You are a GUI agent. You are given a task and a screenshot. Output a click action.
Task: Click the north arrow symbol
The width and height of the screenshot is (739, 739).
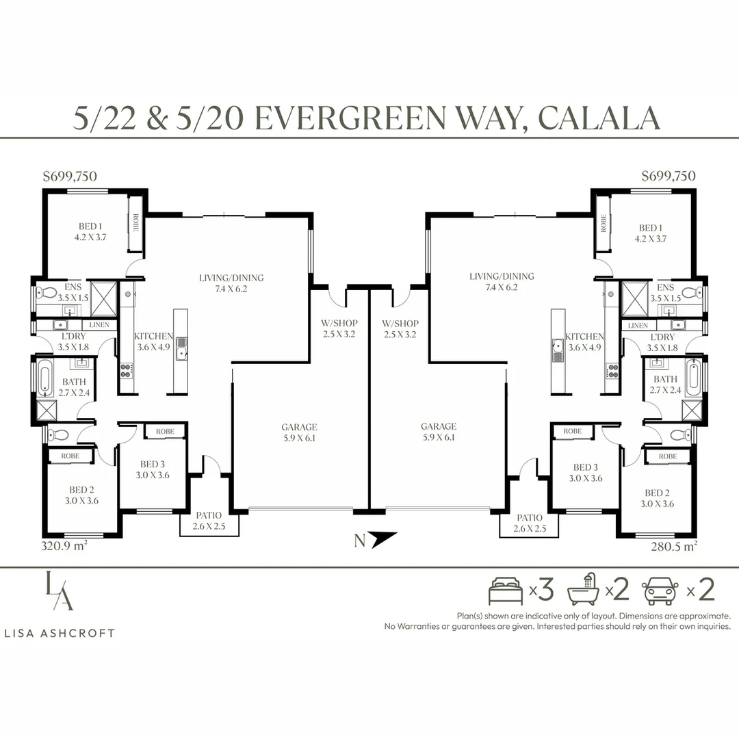point(384,539)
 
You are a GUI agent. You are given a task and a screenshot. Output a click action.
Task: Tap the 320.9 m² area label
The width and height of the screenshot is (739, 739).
point(64,546)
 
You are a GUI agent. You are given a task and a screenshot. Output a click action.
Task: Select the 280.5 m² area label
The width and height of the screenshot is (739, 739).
point(674,546)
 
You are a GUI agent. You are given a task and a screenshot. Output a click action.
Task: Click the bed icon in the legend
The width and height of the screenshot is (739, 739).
point(506,591)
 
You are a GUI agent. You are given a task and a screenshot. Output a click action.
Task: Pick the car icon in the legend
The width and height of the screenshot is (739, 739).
point(660,591)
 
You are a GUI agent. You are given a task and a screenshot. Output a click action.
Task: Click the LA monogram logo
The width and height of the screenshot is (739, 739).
point(60,591)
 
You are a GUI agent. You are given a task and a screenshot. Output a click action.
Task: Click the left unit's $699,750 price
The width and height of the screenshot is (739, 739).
point(70,177)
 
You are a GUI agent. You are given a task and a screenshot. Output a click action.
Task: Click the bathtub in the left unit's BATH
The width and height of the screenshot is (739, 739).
point(44,378)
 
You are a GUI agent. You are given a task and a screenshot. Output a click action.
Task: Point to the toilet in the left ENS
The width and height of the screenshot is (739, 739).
point(47,292)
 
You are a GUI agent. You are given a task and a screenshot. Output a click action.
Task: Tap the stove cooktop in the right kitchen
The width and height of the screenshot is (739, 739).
point(612,371)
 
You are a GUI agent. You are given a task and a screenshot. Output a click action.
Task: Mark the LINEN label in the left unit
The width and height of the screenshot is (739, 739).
point(99,325)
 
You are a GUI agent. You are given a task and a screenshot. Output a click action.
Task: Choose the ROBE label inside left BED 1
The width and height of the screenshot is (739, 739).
point(135,223)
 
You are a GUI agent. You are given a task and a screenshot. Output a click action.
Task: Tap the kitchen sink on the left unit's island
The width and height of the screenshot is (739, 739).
point(181,348)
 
